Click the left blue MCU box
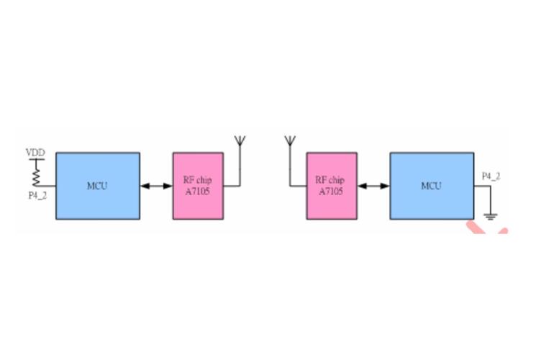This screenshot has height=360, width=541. click(98, 185)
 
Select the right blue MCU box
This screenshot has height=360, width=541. click(432, 185)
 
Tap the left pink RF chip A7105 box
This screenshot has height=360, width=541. click(198, 185)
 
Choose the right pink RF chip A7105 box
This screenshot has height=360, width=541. click(332, 185)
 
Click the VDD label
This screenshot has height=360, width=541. click(35, 153)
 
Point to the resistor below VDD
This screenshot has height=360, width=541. click(36, 173)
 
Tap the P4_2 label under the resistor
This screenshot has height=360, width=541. click(37, 195)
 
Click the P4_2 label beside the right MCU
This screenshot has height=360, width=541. click(491, 176)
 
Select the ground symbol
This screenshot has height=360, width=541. click(491, 215)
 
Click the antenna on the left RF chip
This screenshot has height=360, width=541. click(240, 141)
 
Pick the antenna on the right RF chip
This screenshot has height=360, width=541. click(290, 141)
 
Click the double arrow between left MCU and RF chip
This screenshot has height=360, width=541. click(156, 186)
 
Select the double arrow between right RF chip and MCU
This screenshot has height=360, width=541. click(373, 186)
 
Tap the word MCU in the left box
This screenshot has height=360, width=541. click(97, 186)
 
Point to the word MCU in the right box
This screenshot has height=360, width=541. click(431, 186)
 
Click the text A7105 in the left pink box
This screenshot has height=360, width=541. click(198, 192)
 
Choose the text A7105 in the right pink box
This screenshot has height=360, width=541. click(331, 192)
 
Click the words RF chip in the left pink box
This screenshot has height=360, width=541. click(198, 180)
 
